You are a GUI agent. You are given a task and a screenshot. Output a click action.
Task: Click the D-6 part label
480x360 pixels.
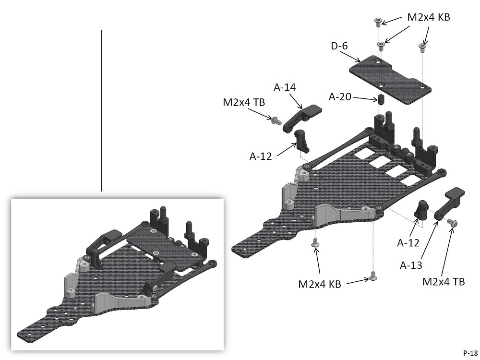click(x=339, y=47)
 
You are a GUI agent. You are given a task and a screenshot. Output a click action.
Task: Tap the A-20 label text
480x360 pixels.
click(x=340, y=97)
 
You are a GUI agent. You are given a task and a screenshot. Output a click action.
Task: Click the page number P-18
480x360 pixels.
click(x=470, y=352)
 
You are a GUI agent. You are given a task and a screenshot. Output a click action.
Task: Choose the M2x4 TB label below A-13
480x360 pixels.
click(x=444, y=281)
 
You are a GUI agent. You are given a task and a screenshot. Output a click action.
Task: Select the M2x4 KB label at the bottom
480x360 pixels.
click(x=320, y=284)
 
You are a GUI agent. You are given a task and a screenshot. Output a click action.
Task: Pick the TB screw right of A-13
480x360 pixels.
click(x=453, y=223)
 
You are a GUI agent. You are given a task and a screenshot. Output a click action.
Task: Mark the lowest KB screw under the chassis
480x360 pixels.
click(x=372, y=276)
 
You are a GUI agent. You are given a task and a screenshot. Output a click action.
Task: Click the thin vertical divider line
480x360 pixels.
click(x=102, y=110)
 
